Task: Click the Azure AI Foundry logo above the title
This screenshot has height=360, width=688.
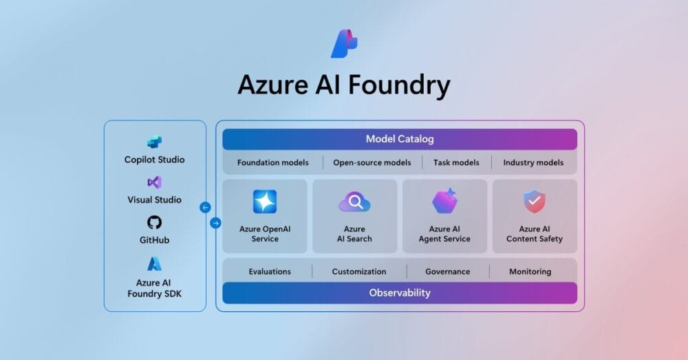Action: (344, 44)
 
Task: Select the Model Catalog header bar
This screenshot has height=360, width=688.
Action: (400, 139)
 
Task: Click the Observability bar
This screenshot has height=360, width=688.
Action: (400, 293)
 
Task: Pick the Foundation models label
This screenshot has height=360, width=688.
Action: (272, 163)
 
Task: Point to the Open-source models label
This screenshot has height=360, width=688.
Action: (372, 163)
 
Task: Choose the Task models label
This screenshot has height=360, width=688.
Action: (456, 163)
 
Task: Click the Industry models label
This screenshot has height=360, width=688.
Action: (533, 163)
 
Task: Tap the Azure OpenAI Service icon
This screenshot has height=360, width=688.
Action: (265, 202)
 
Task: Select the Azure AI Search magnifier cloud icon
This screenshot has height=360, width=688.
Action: (355, 202)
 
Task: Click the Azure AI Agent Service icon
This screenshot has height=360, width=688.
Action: (445, 201)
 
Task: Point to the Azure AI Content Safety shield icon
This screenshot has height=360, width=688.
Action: (535, 202)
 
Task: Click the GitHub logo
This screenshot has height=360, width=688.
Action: (155, 222)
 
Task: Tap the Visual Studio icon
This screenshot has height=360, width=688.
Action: (155, 182)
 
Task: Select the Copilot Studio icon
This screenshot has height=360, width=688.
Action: (155, 142)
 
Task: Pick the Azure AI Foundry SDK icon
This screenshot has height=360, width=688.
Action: (155, 264)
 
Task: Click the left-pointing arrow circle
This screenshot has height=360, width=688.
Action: (205, 207)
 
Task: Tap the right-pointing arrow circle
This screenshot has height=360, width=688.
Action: (216, 223)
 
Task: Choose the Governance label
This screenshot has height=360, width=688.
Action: (448, 271)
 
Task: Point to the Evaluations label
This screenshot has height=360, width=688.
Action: (270, 271)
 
